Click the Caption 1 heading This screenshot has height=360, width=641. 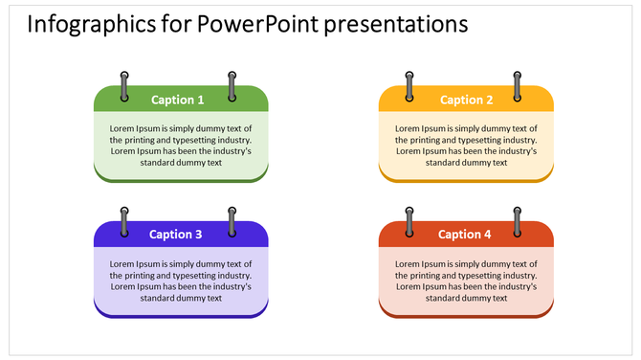[x=178, y=100]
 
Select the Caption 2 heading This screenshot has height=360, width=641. [x=467, y=100]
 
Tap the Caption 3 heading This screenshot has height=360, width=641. [x=176, y=235]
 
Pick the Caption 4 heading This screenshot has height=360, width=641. [x=465, y=235]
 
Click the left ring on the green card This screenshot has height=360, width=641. [x=123, y=85]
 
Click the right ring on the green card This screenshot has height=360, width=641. [x=232, y=85]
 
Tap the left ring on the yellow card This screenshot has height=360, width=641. [x=409, y=85]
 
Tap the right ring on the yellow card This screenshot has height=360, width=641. [x=518, y=85]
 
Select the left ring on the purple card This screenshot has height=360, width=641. [x=123, y=221]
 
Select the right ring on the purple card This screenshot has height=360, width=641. [x=232, y=221]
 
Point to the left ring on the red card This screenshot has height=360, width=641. [x=409, y=221]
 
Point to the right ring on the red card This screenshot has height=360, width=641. [x=518, y=221]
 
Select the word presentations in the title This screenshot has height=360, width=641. [x=396, y=24]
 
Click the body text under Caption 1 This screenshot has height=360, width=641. [x=181, y=146]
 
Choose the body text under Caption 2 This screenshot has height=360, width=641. [x=467, y=146]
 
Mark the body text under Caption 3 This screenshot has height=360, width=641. [x=181, y=281]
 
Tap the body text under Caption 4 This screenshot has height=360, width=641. [x=467, y=281]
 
